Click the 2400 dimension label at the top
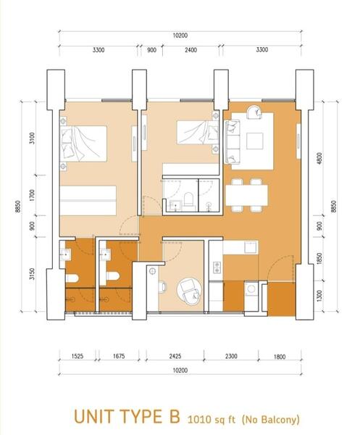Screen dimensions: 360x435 191,50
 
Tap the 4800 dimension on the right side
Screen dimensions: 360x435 319,158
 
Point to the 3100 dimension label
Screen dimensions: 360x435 32,138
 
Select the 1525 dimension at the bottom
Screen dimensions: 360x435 77,356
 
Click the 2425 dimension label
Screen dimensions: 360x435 175,356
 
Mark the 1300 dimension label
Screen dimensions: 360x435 319,296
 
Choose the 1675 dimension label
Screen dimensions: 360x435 119,356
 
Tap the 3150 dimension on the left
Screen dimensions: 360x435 32,273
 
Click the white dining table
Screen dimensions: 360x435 246,195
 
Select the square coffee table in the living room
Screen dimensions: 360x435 255,141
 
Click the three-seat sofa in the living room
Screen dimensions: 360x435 233,141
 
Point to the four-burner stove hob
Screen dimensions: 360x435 217,267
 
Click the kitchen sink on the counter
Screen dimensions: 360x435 251,247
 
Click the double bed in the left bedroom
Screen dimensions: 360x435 83,144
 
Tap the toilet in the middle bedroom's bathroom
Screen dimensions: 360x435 188,199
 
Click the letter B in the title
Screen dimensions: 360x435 175,417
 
